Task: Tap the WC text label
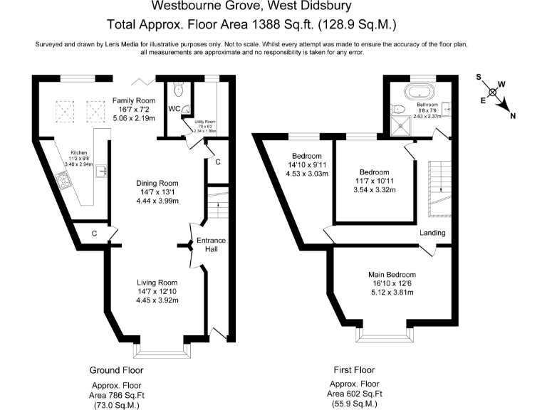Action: [x=173, y=109]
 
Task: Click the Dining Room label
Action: [x=157, y=183]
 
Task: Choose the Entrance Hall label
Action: [x=211, y=245]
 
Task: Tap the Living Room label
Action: [x=157, y=283]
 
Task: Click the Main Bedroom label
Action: [x=392, y=275]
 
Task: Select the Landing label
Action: [x=432, y=233]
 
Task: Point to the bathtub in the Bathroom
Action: [x=418, y=91]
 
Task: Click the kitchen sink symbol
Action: [x=103, y=169]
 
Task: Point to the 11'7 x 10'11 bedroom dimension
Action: [x=374, y=181]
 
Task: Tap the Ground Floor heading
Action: [x=116, y=370]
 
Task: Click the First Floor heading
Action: [x=354, y=370]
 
